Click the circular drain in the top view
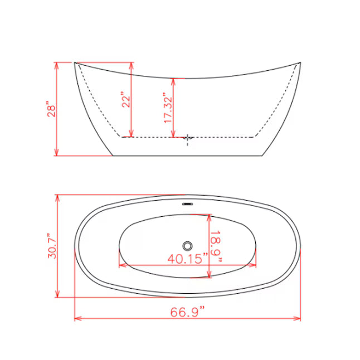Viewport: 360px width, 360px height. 188,245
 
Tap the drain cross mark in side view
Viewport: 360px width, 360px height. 188,138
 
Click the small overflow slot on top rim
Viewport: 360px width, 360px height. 188,203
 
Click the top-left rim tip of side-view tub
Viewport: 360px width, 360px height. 75,63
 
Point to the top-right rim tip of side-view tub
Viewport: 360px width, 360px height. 300,63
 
